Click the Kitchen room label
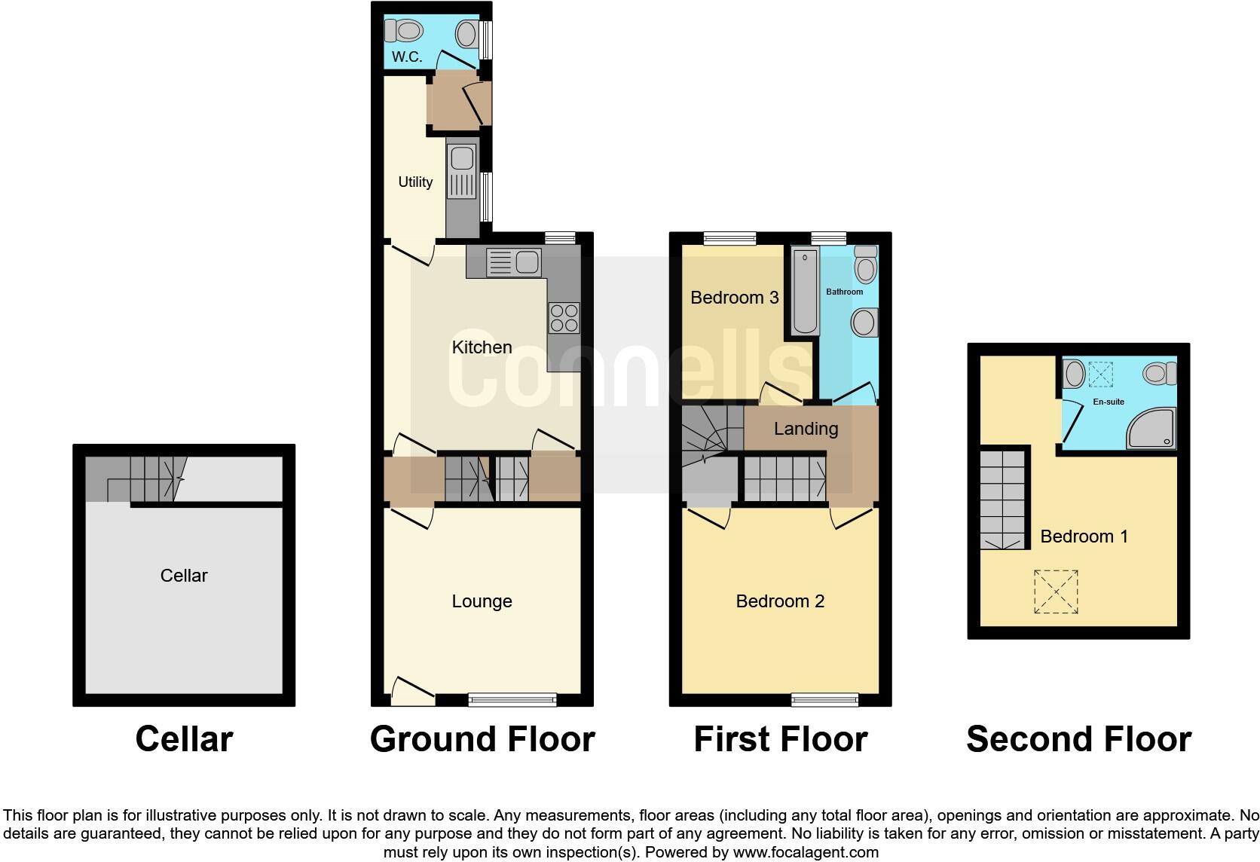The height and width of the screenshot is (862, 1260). [482, 347]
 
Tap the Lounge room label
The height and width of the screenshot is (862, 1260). [482, 601]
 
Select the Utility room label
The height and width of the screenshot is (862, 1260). [415, 182]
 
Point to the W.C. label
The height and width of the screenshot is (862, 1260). [407, 57]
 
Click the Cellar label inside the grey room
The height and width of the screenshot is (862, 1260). [184, 576]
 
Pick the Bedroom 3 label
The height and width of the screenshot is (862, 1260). [734, 298]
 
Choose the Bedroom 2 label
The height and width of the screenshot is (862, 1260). [780, 601]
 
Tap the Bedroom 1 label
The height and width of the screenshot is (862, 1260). [1084, 536]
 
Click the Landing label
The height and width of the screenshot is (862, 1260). [806, 429]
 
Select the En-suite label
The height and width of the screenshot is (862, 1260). [1109, 402]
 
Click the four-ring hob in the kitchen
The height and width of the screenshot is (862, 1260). [564, 317]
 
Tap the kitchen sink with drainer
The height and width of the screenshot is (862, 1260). [514, 262]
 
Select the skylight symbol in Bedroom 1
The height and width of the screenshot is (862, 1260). [1056, 591]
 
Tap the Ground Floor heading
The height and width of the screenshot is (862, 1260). [482, 739]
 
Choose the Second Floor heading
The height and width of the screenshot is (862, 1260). [1078, 739]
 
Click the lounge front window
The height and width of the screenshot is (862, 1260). [512, 699]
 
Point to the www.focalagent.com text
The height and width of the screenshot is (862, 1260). [806, 853]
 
